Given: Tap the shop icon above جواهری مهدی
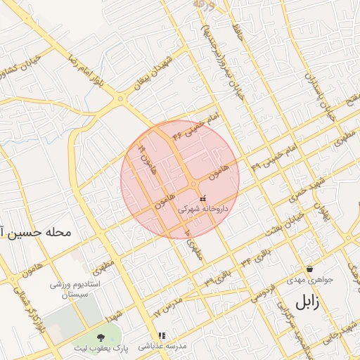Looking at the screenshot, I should pyautogui.click(x=309, y=269).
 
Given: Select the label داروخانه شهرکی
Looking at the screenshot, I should pyautogui.click(x=202, y=210).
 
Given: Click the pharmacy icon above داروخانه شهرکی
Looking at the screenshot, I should pyautogui.click(x=203, y=199).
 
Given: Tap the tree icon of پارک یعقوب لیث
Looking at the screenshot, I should pyautogui.click(x=101, y=337).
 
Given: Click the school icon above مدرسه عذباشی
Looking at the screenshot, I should pyautogui.click(x=162, y=336).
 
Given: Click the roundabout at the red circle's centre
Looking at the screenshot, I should pyautogui.click(x=193, y=186).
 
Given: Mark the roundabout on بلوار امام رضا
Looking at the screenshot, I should pyautogui.click(x=122, y=99).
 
